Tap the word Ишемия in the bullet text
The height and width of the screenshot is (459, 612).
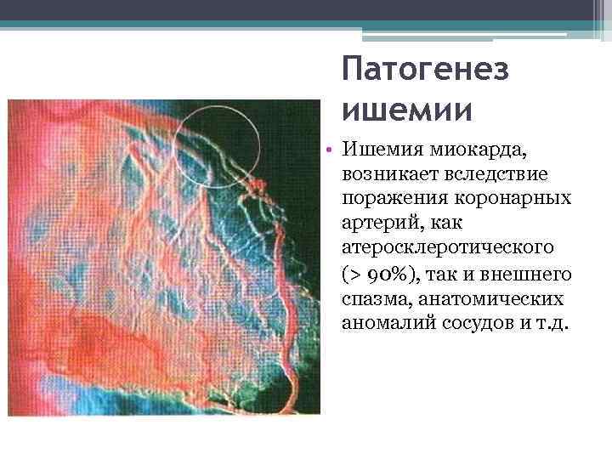pyautogui.click(x=378, y=151)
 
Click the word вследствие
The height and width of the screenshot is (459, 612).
pyautogui.click(x=493, y=174)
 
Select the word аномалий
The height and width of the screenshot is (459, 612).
pyautogui.click(x=379, y=325)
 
